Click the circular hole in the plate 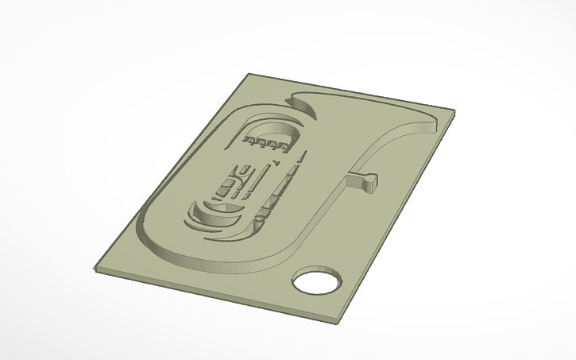click(x=317, y=282)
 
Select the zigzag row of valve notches click(x=266, y=144)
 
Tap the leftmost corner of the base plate click(x=96, y=268)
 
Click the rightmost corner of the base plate click(x=454, y=112)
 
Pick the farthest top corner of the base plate click(x=249, y=75)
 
